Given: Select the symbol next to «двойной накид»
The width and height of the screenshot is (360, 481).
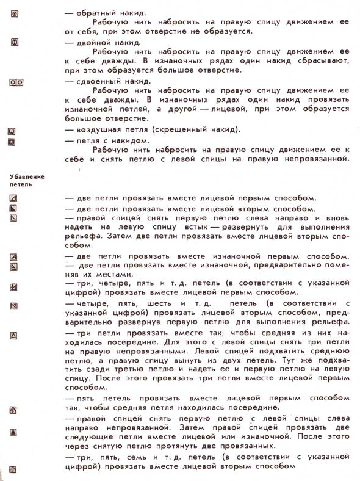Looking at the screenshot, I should [x=16, y=42].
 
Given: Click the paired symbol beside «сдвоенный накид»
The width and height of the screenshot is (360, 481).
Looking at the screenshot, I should [x=16, y=81].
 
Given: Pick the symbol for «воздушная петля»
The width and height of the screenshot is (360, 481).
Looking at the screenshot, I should [x=12, y=131].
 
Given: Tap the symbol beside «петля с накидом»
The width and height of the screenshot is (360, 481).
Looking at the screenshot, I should [x=12, y=141].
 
